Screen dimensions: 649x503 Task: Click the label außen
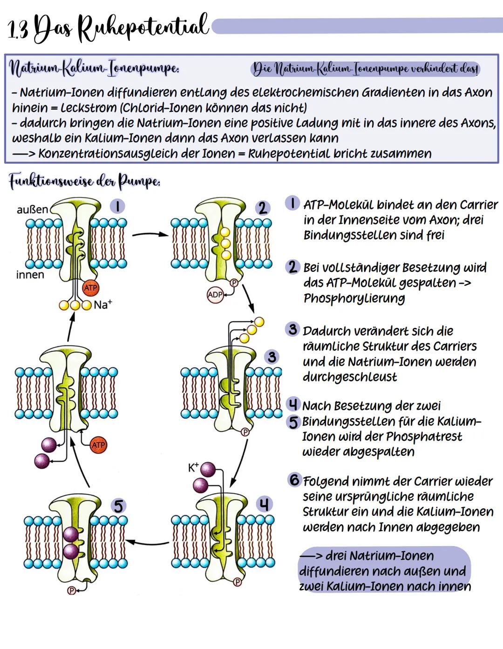(32, 210)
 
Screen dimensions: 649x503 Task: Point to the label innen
(30, 275)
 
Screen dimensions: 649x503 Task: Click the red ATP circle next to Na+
(90, 288)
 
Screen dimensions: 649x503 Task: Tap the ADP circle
(215, 295)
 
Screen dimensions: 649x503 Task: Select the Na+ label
(103, 305)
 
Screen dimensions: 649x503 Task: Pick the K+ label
(193, 467)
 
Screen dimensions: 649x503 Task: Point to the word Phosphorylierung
(354, 298)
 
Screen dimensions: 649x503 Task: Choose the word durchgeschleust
(350, 377)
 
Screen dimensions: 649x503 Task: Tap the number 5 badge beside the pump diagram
(119, 506)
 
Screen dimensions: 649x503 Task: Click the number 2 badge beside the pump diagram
(263, 208)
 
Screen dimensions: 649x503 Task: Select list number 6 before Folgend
(294, 480)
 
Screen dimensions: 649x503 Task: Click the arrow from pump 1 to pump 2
(150, 234)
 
